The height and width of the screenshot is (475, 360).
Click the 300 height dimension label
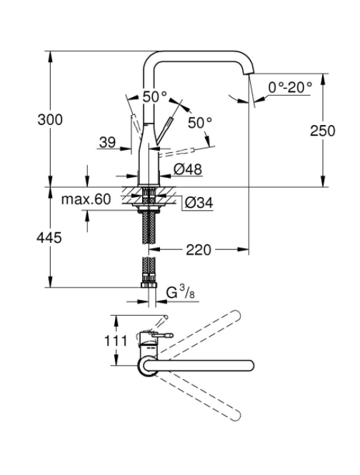[x=50, y=119]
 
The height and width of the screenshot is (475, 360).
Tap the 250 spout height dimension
[x=322, y=131]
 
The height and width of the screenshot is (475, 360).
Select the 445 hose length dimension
[x=49, y=237]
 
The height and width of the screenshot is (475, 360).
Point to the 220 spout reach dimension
[x=198, y=250]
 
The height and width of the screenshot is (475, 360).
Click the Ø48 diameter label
[x=188, y=169]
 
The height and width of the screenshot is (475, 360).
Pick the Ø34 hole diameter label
[x=199, y=203]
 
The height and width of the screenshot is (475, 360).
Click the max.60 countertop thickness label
[x=86, y=199]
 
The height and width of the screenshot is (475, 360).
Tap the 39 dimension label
[x=107, y=142]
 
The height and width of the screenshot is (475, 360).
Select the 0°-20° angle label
[x=290, y=88]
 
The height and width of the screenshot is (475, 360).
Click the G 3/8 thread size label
[x=180, y=293]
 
